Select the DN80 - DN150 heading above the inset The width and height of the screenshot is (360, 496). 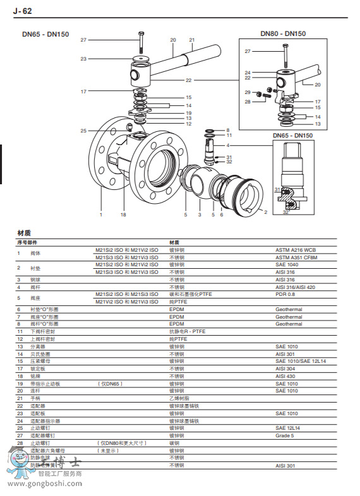pos(283,33)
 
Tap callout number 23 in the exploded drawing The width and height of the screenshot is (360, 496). pos(83,59)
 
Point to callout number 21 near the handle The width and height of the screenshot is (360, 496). pos(192,40)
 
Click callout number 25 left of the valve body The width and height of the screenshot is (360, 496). pos(83,131)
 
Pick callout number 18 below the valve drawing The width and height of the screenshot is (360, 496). pos(124,215)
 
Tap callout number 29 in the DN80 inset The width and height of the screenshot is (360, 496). pos(248,92)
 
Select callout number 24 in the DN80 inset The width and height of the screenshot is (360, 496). pos(248,73)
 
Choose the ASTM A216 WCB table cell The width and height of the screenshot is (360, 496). pos(296,251)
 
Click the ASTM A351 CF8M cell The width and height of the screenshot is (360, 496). pos(296,257)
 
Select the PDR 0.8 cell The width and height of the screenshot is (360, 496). pos(285,294)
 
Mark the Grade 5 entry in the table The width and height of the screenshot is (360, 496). pos(284,435)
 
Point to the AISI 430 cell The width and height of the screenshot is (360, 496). pos(285,375)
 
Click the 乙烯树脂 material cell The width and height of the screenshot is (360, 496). pos(179,398)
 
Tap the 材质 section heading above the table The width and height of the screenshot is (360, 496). pos(24,232)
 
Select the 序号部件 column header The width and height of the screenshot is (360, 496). pos(27,242)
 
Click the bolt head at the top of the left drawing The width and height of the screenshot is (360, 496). pos(140,32)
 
